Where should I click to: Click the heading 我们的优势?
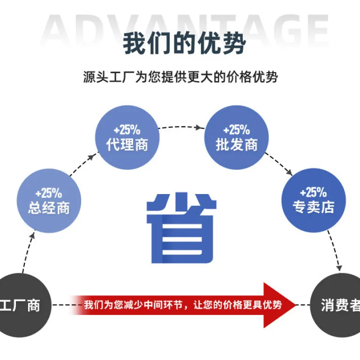[184, 43]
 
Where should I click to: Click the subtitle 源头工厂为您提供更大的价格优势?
[180, 77]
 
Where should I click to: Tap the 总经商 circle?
[49, 201]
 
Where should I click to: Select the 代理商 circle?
[127, 137]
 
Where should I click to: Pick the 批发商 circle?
[236, 137]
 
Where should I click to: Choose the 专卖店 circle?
[314, 200]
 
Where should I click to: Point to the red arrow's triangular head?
[278, 305]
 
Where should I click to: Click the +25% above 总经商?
[49, 193]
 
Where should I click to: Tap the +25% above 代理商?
[127, 130]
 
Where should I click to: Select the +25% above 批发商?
[236, 130]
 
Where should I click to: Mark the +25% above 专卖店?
[314, 192]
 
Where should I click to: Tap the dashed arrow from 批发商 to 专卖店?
[279, 164]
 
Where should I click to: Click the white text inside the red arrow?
[183, 305]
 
